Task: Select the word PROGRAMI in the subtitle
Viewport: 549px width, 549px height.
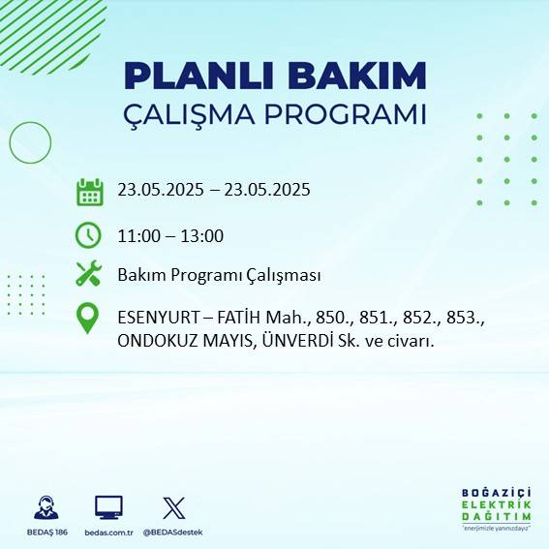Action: [x=351, y=113]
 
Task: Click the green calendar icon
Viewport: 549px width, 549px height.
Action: [x=89, y=191]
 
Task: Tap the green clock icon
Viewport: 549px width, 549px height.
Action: [x=88, y=235]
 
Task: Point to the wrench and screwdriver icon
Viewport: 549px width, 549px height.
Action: [x=88, y=274]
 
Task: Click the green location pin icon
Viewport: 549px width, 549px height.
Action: [x=88, y=319]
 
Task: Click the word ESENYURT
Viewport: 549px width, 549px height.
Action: [x=159, y=318]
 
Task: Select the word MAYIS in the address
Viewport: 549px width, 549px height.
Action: [x=227, y=340]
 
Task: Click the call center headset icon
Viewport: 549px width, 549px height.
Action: [x=45, y=507]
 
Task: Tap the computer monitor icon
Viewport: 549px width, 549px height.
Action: [x=107, y=507]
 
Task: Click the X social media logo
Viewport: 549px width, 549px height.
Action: [x=174, y=507]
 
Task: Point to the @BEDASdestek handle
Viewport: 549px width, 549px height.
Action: [x=174, y=532]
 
